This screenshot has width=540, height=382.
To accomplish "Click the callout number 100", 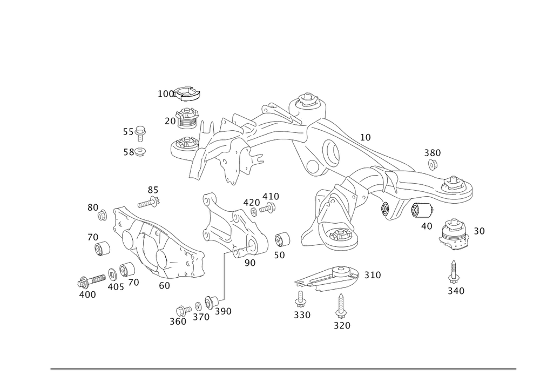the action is coord(165,94).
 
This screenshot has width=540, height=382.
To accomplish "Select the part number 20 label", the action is coord(170,122).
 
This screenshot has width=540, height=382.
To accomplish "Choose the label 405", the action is coord(116,287).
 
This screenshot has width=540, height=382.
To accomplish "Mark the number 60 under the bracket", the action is coord(164,284).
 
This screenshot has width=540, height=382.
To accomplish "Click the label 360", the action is coord(178,321).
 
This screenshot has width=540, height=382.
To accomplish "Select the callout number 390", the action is coord(223,311).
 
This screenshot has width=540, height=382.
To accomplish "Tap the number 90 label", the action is coord(249,263).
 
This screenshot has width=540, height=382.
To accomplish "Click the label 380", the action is coord(432,153).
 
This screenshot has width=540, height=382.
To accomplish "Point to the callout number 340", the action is coord(456,291).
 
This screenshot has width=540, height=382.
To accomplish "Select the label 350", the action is coord(302,314).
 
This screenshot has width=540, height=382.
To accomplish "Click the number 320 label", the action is coord(342,325).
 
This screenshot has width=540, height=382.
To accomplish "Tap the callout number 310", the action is coord(372,276).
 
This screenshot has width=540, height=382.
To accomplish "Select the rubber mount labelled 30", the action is coord(455,234).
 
